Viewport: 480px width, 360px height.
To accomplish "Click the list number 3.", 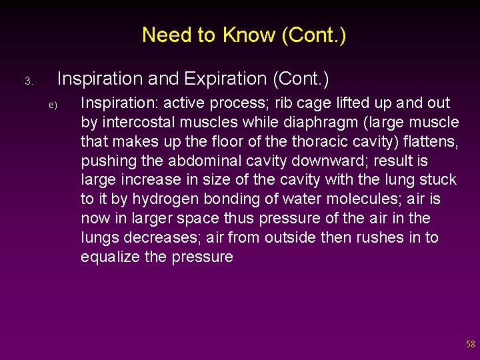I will coord(28,81).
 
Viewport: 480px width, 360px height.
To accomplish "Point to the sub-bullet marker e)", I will coord(53,105).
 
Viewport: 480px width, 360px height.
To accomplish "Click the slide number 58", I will coord(471,345).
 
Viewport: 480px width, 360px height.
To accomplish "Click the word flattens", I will coord(428,141).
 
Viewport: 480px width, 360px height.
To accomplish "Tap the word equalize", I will coord(111,257).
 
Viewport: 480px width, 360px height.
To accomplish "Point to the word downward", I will coord(332,161).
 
